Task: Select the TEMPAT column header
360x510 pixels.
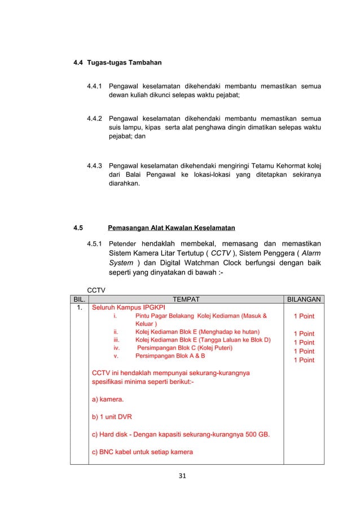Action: tap(186, 300)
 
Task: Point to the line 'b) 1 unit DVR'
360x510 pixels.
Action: tap(112, 417)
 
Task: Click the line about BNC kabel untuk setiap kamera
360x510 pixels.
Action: tap(142, 452)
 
